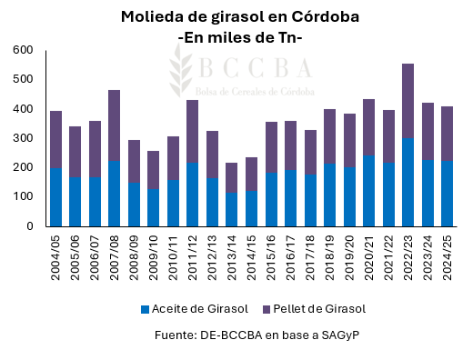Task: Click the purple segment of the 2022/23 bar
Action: pos(408,100)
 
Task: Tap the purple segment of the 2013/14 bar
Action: pos(232,177)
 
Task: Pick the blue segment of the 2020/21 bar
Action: pos(368,191)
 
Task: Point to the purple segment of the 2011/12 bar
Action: pos(193,132)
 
